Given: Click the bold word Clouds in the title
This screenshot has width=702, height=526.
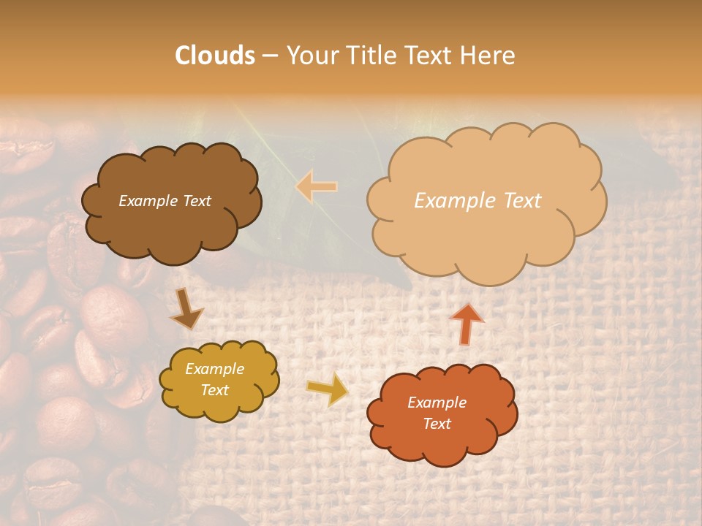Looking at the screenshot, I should [x=215, y=56].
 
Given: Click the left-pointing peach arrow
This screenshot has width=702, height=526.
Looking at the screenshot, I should [x=317, y=187].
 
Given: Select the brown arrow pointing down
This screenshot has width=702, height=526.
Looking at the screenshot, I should [x=187, y=309].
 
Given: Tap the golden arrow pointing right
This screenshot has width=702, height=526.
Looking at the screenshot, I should [x=328, y=389].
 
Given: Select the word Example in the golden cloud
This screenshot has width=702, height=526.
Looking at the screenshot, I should [x=215, y=369].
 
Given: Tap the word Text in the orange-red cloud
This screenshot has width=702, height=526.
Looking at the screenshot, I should [x=437, y=424].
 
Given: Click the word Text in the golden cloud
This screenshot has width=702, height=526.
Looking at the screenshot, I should [x=215, y=390].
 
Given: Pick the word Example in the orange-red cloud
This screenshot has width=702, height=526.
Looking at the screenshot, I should [x=437, y=403].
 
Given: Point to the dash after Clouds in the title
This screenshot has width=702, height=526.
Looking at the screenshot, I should [x=270, y=56].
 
